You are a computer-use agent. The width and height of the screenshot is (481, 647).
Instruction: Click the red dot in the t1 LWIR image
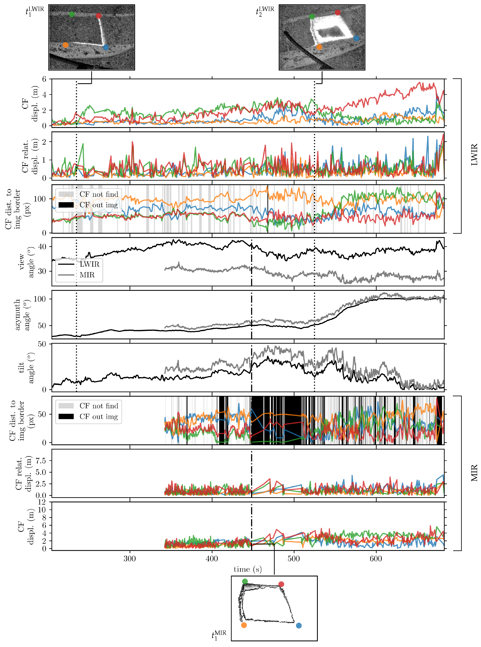(99, 15)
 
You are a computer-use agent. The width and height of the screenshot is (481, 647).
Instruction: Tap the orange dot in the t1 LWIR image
(66, 45)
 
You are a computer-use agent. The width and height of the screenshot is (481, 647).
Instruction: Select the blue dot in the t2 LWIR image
(356, 38)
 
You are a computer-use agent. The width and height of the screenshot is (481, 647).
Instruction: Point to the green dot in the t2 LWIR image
(312, 17)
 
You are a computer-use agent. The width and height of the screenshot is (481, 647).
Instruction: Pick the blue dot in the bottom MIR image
(299, 625)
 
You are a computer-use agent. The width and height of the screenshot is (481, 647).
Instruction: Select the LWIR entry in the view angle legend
(89, 264)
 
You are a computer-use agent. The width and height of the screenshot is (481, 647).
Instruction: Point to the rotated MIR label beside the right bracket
(474, 473)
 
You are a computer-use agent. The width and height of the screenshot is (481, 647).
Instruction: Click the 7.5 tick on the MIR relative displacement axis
(41, 461)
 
